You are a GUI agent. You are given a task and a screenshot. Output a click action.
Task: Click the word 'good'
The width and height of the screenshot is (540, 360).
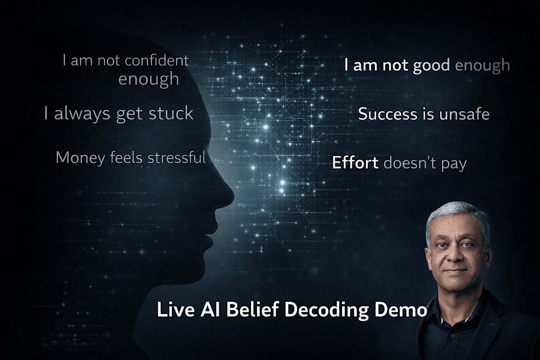pyautogui.click(x=431, y=66)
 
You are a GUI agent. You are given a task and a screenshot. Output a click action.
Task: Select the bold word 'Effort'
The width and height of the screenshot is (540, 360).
pyautogui.click(x=355, y=163)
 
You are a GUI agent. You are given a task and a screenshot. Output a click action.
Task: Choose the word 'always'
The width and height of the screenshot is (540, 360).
pyautogui.click(x=83, y=113)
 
